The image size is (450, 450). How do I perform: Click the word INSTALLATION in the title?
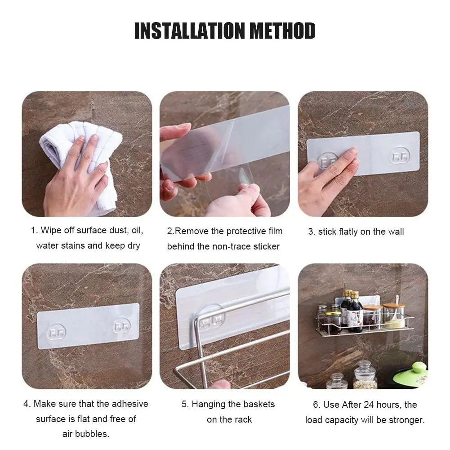(190, 31)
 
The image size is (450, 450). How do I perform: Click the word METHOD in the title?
(283, 31)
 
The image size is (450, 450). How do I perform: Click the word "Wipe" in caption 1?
(50, 230)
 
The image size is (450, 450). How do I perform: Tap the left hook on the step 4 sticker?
(56, 333)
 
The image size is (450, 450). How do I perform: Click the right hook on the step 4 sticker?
(122, 326)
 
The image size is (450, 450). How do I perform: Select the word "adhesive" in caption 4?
(130, 404)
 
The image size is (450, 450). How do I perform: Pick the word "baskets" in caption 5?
(258, 404)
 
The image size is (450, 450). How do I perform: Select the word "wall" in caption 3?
(396, 232)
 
